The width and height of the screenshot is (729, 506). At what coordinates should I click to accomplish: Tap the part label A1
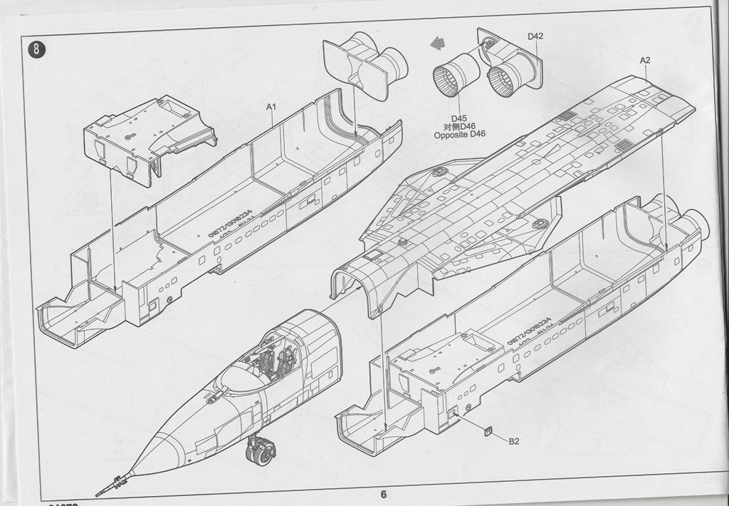click(x=271, y=107)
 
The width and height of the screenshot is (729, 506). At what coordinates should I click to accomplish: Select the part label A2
click(x=644, y=61)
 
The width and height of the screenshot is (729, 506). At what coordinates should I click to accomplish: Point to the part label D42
click(x=535, y=36)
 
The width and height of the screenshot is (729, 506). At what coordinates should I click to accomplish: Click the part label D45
click(x=458, y=118)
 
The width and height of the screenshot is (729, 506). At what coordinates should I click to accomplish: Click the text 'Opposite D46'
click(x=459, y=134)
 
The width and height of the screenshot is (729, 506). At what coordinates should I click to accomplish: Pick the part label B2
click(x=513, y=441)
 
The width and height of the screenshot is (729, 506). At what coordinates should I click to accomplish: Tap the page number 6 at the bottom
click(x=383, y=494)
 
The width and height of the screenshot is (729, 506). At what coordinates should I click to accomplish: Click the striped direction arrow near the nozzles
click(x=436, y=44)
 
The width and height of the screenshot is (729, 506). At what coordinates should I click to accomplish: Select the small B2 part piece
click(x=488, y=430)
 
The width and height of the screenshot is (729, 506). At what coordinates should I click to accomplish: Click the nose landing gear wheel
click(x=261, y=452)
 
